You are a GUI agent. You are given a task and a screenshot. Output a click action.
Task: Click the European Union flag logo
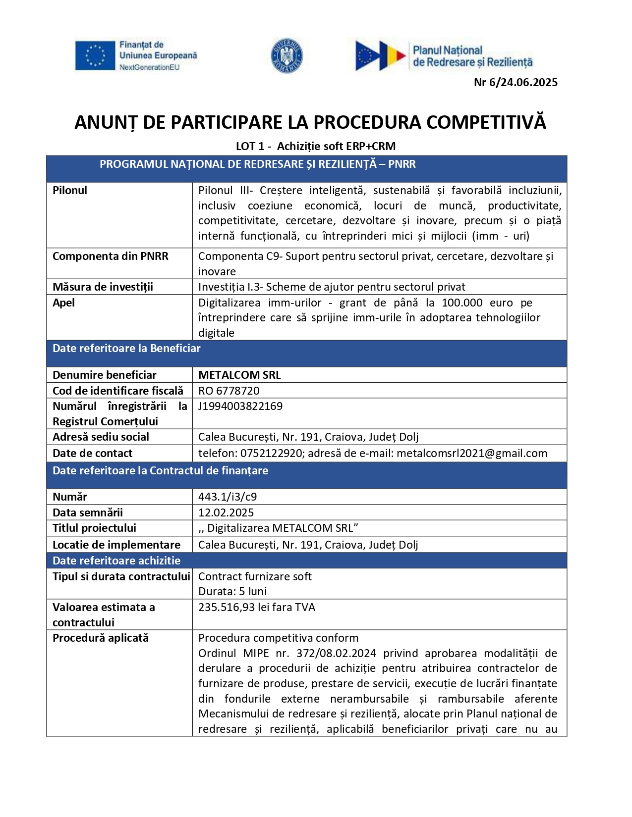coord(95,55)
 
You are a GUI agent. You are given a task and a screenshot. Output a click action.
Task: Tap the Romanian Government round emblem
coord(287,55)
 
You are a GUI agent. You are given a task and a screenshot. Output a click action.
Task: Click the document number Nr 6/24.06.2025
coord(516,82)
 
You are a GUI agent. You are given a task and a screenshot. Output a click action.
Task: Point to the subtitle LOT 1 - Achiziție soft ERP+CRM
coord(316,146)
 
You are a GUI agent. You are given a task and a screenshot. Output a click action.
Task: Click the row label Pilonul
coord(70,191)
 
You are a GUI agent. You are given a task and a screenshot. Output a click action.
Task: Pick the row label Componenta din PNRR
coord(111,256)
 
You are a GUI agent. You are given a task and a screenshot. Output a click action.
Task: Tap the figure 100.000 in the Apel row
coord(462,303)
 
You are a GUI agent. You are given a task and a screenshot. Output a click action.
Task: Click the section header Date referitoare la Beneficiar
coord(126,349)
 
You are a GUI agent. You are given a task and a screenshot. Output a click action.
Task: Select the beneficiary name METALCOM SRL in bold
coord(239,375)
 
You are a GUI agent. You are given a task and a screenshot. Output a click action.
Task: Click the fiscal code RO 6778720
coord(229,391)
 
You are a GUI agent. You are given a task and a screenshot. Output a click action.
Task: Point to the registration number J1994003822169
coord(240,407)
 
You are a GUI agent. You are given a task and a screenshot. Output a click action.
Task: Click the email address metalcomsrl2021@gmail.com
coord(472,454)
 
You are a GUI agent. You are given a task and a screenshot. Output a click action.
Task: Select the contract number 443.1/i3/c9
coord(228,497)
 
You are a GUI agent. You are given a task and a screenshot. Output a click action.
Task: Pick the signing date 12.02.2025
coord(226,513)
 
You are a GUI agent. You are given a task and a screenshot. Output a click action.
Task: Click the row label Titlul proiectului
coord(94,528)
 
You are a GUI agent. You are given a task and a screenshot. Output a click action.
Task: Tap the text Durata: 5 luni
coord(232,592)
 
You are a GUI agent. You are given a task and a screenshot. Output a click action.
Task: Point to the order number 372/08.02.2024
coord(336,654)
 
